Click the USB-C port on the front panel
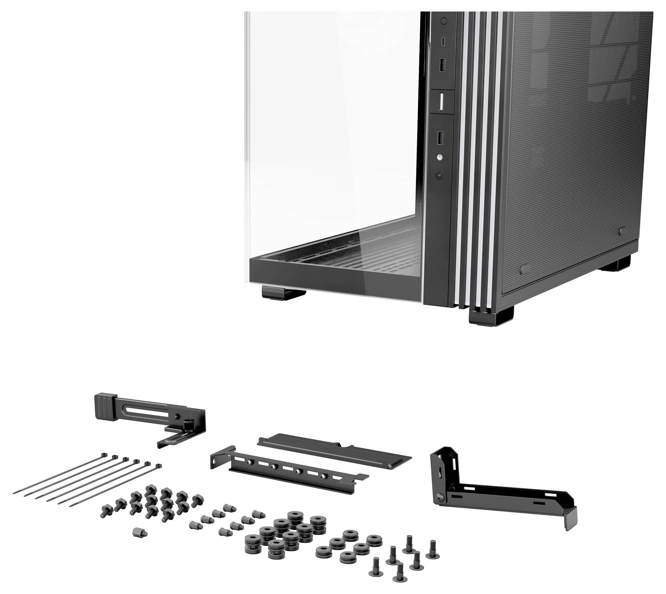coord(443,41)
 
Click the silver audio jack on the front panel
coord(440,157)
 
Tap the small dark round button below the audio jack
coord(440,176)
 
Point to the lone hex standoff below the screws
coord(140,533)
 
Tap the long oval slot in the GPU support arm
coord(144,411)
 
